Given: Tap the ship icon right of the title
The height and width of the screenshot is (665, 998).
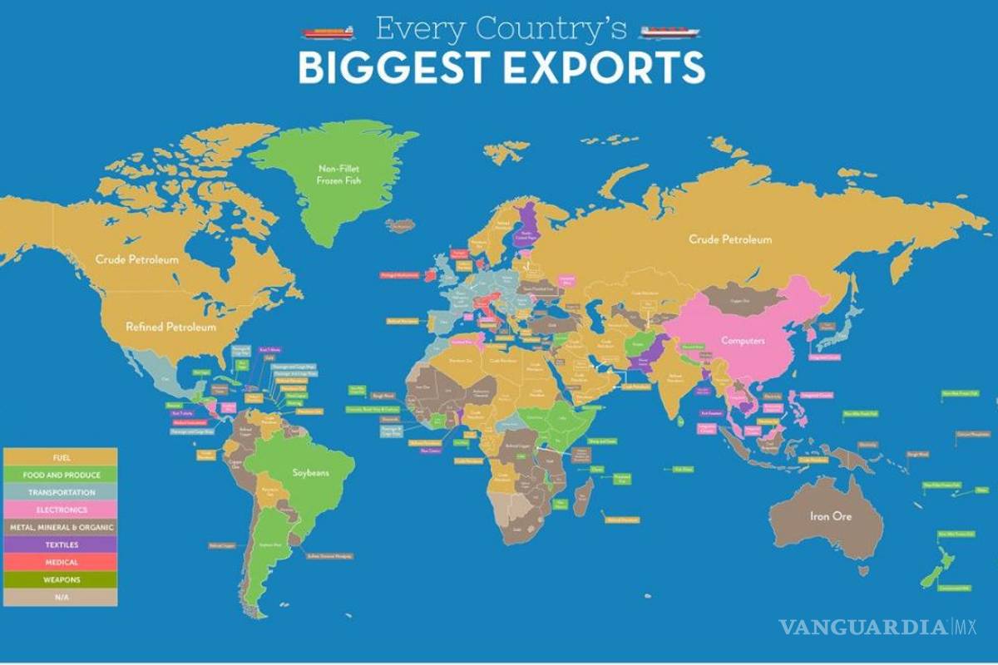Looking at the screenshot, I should click(x=669, y=32).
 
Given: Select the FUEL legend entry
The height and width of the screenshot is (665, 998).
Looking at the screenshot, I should click(x=60, y=457).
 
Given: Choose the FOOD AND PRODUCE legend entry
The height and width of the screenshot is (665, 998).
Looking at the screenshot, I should click(x=60, y=475).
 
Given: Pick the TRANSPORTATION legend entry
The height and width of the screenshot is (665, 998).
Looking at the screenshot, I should click(x=60, y=492).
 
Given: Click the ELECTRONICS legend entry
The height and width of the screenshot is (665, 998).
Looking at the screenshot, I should click(x=60, y=510).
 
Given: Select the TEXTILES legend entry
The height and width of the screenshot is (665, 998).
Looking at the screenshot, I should click(x=60, y=544).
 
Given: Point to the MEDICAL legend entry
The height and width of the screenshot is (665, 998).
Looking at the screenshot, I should click(x=60, y=562).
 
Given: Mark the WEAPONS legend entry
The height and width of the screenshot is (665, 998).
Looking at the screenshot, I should click(x=60, y=579).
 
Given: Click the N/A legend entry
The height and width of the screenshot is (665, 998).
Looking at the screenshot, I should click(x=60, y=597).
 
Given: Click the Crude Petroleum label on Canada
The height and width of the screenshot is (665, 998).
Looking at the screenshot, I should click(x=137, y=259).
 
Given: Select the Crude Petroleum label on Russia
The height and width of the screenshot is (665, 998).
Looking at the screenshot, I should click(x=730, y=239).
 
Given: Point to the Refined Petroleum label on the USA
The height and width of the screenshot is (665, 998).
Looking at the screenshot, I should click(x=170, y=327).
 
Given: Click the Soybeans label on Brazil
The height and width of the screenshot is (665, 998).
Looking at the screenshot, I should click(x=311, y=472).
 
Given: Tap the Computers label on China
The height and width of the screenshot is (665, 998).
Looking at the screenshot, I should click(x=743, y=340).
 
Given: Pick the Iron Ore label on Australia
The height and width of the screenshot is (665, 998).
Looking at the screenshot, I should click(x=831, y=516).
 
